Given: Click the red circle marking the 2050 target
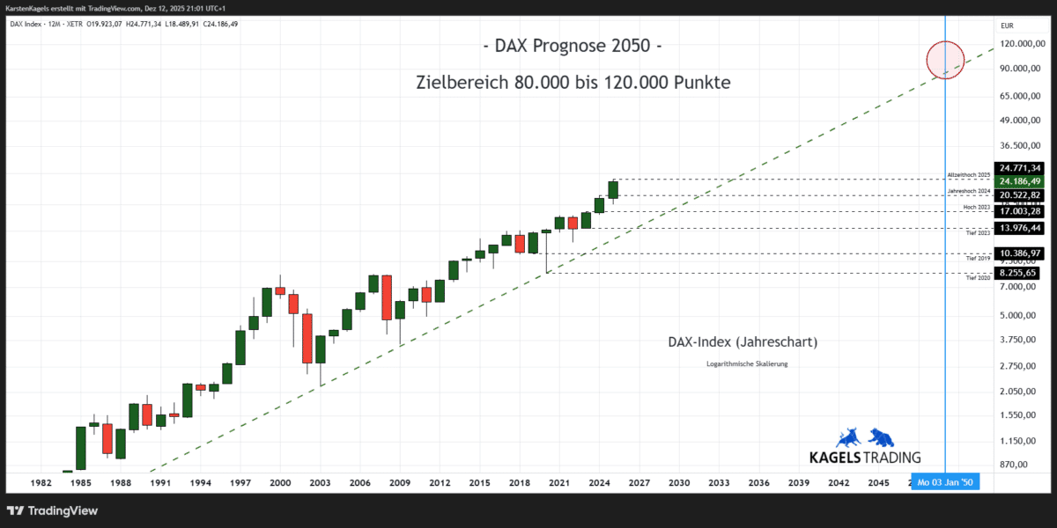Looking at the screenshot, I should (945, 60).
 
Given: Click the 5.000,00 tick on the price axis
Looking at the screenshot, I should (1017, 315).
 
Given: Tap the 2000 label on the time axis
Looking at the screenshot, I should (280, 482).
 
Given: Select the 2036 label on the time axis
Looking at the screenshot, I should (758, 482).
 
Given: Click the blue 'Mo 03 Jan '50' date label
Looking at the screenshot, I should (945, 482).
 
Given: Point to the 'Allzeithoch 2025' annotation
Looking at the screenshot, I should (969, 176).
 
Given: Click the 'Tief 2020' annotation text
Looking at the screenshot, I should (979, 277).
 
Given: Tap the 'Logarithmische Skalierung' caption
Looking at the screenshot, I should (747, 363).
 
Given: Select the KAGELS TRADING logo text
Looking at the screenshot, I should (865, 457).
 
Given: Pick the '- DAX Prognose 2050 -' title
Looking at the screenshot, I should (573, 46).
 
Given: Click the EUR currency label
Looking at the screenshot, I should (1007, 26).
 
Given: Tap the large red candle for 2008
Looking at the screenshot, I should (386, 297).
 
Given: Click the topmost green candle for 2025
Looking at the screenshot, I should (613, 189).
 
